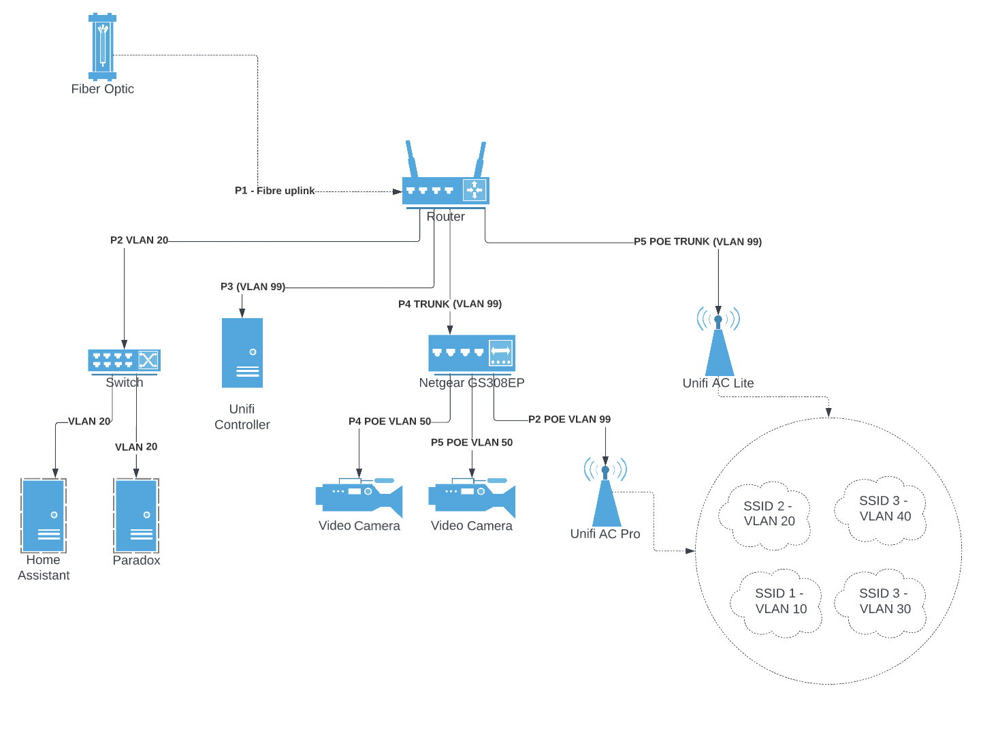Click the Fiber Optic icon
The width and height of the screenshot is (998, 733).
[102, 46]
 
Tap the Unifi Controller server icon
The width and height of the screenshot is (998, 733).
[242, 353]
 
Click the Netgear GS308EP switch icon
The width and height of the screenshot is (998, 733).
[472, 354]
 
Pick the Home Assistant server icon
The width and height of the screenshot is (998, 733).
[44, 515]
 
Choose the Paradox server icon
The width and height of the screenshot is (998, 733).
[136, 515]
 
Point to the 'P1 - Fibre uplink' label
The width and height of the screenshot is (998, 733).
[275, 191]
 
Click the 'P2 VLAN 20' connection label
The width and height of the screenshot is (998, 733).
[139, 240]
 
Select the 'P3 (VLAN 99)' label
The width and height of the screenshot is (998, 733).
[253, 287]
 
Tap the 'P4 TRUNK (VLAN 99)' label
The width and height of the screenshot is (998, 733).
[450, 304]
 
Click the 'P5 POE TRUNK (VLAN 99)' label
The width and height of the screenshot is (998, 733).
[698, 242]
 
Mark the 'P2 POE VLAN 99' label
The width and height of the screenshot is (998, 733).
[569, 420]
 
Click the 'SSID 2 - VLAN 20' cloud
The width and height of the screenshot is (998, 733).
[767, 514]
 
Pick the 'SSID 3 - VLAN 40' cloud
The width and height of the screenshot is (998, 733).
[884, 509]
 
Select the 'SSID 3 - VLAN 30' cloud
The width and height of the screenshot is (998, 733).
[884, 602]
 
